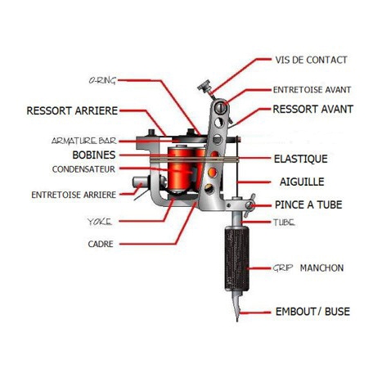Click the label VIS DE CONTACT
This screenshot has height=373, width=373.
(311, 61)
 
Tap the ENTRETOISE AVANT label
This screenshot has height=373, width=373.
(312, 91)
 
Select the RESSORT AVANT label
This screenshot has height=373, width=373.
(312, 109)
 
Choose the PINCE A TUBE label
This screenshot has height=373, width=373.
(307, 204)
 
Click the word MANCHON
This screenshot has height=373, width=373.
(321, 267)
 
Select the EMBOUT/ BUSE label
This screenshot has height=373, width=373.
(310, 312)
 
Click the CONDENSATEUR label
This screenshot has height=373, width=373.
(83, 169)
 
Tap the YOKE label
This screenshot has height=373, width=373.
(100, 222)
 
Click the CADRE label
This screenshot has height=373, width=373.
(100, 243)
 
